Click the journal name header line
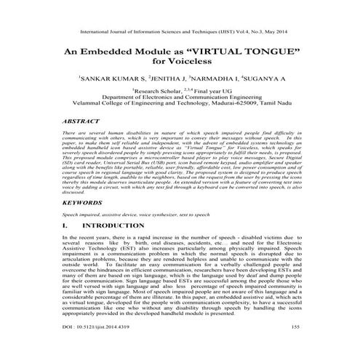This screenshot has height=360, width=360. pos(180,32)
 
